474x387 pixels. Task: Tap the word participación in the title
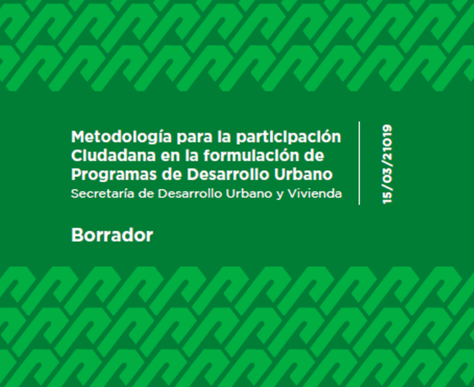288,138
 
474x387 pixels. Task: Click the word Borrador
112,235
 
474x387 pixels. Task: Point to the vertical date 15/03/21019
387,164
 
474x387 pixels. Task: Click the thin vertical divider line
359,163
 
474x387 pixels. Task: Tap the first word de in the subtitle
146,194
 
